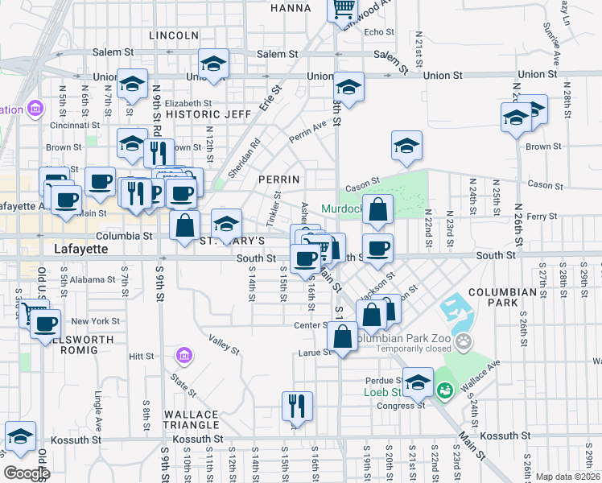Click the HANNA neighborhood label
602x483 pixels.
(x=291, y=8)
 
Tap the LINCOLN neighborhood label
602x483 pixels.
(x=174, y=35)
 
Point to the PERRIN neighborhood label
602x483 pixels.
(x=280, y=179)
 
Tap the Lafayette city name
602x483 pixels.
(x=80, y=250)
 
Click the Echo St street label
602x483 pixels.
(x=379, y=33)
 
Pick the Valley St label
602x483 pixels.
(x=224, y=345)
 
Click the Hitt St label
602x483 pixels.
(x=141, y=355)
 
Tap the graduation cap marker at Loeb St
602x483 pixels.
(x=418, y=382)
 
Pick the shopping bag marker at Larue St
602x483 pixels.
(x=343, y=337)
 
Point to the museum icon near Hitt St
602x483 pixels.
(x=183, y=355)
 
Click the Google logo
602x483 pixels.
(x=27, y=473)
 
